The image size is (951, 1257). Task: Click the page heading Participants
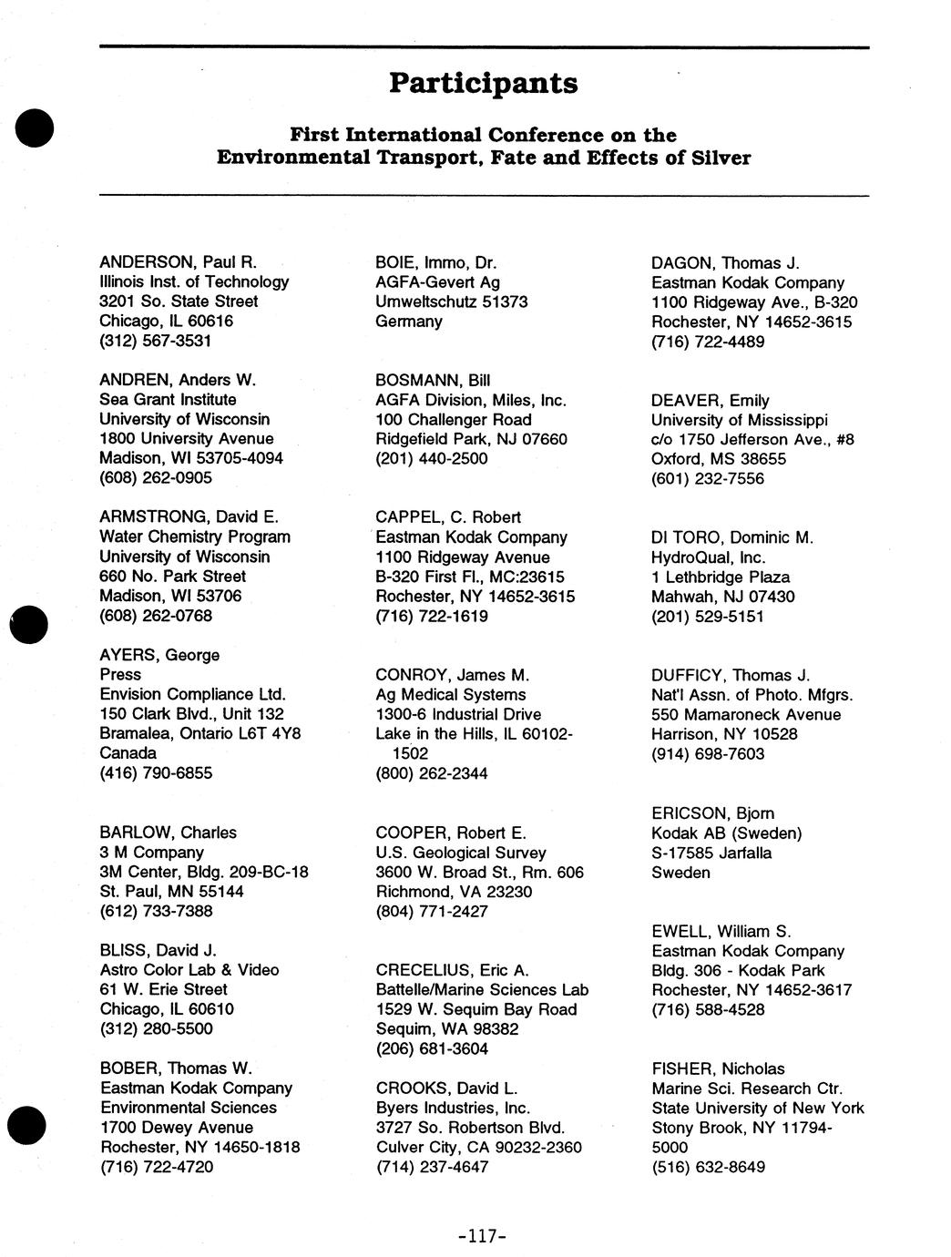tap(483, 83)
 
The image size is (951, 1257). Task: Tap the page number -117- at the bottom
tap(482, 1236)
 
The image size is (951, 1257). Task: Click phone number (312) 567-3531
tap(157, 341)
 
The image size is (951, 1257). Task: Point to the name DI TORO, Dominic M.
tap(731, 537)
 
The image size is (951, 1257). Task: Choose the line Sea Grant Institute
tap(168, 400)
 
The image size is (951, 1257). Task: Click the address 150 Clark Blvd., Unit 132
tap(191, 714)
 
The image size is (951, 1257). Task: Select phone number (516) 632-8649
tap(708, 1167)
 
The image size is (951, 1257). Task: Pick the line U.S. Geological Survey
tap(461, 853)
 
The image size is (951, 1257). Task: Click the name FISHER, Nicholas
tap(718, 1068)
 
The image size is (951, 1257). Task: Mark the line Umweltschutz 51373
tap(451, 301)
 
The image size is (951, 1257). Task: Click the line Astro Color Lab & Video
tap(189, 970)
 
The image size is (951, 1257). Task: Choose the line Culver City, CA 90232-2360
tap(478, 1147)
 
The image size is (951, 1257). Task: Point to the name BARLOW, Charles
tap(168, 833)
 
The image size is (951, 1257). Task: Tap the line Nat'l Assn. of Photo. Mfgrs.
tap(752, 695)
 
